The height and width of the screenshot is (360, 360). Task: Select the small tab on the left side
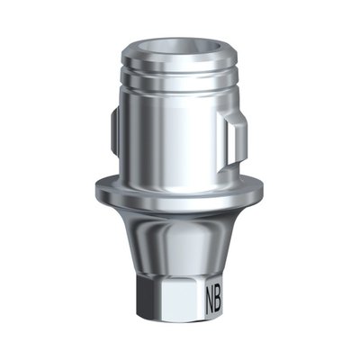(x=114, y=132)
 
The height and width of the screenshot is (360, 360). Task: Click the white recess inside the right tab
(x=232, y=143)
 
